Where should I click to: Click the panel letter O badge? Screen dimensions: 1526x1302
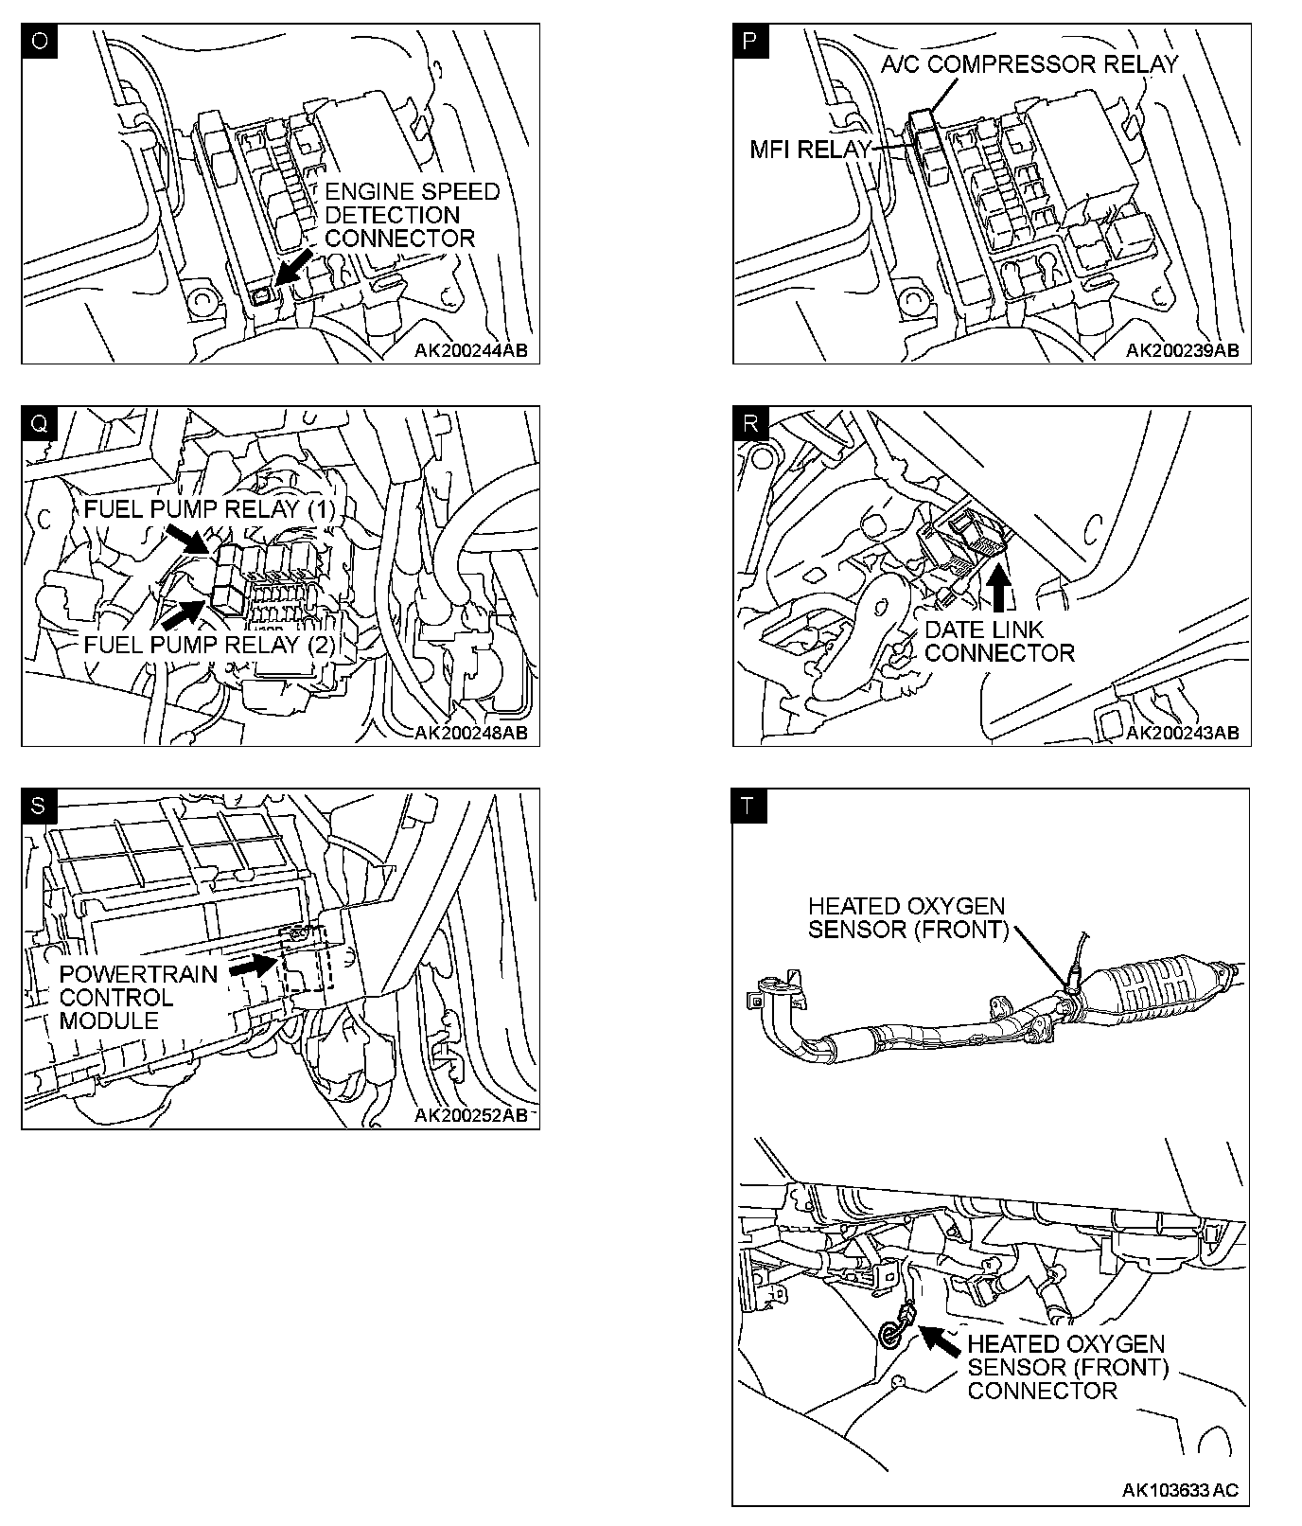point(39,42)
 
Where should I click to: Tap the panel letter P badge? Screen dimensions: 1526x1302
point(750,42)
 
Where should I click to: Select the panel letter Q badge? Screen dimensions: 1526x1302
point(39,423)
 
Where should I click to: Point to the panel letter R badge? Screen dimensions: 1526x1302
point(750,423)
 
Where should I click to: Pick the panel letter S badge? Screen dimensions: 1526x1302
point(39,806)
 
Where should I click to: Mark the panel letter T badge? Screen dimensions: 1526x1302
point(750,806)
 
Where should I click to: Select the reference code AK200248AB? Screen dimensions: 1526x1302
point(470,733)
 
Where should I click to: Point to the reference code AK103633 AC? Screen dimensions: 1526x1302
point(1180,1490)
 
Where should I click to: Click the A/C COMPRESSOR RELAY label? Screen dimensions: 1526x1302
point(1029,64)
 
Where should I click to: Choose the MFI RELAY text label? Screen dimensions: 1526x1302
point(809,150)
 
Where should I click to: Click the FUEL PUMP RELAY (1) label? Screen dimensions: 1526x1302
point(209,509)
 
